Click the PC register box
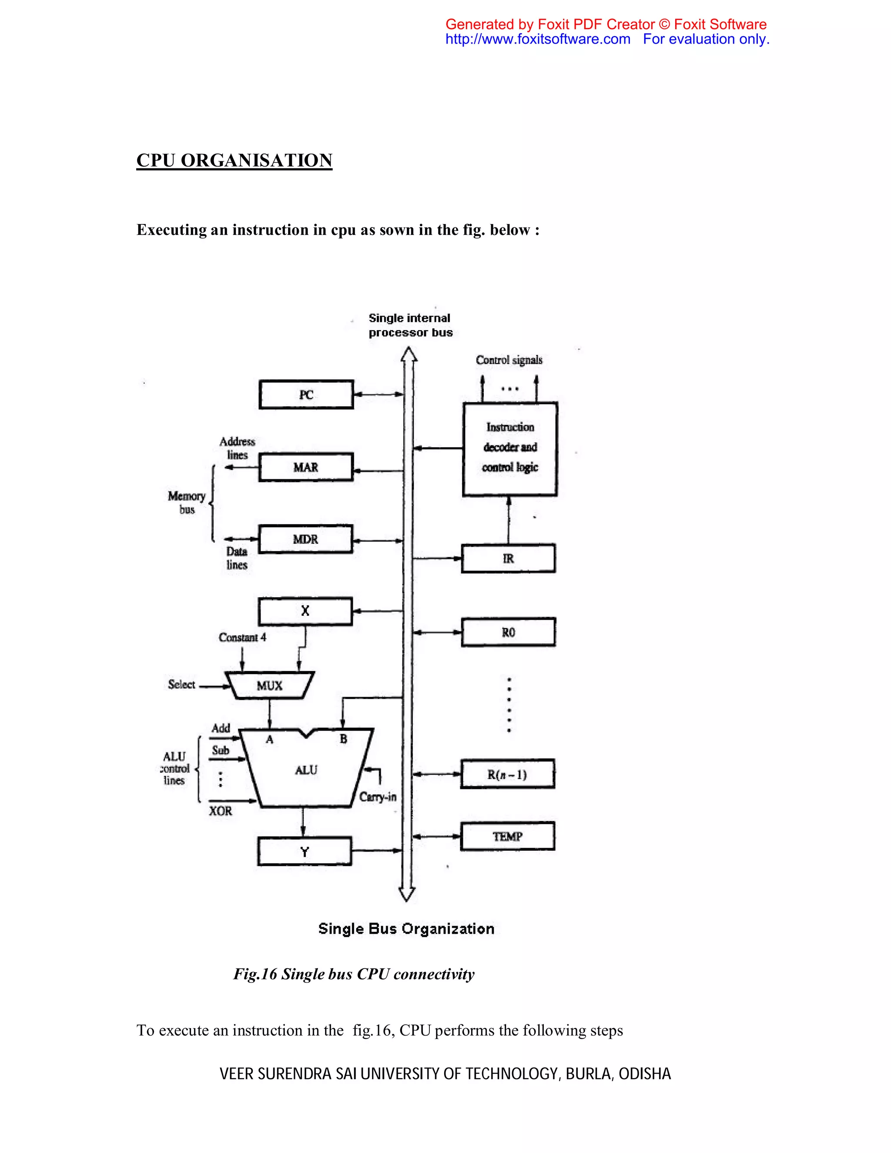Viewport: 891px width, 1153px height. pos(306,394)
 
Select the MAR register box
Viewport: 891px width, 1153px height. pos(306,467)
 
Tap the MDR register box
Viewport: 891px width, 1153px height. pos(305,539)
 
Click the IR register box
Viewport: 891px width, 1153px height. pos(508,558)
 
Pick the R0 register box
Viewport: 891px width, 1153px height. pos(508,632)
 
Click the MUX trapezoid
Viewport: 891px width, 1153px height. pos(269,685)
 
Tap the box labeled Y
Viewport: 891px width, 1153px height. pos(304,852)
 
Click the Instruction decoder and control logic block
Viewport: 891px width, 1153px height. pos(509,449)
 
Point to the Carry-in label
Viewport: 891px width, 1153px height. pos(378,797)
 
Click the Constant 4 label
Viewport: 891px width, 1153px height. pos(242,637)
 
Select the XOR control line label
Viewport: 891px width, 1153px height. pos(220,811)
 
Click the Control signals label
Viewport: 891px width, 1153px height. pos(509,360)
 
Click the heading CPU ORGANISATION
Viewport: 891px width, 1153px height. pos(234,160)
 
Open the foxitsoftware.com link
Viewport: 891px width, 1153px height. pos(538,39)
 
